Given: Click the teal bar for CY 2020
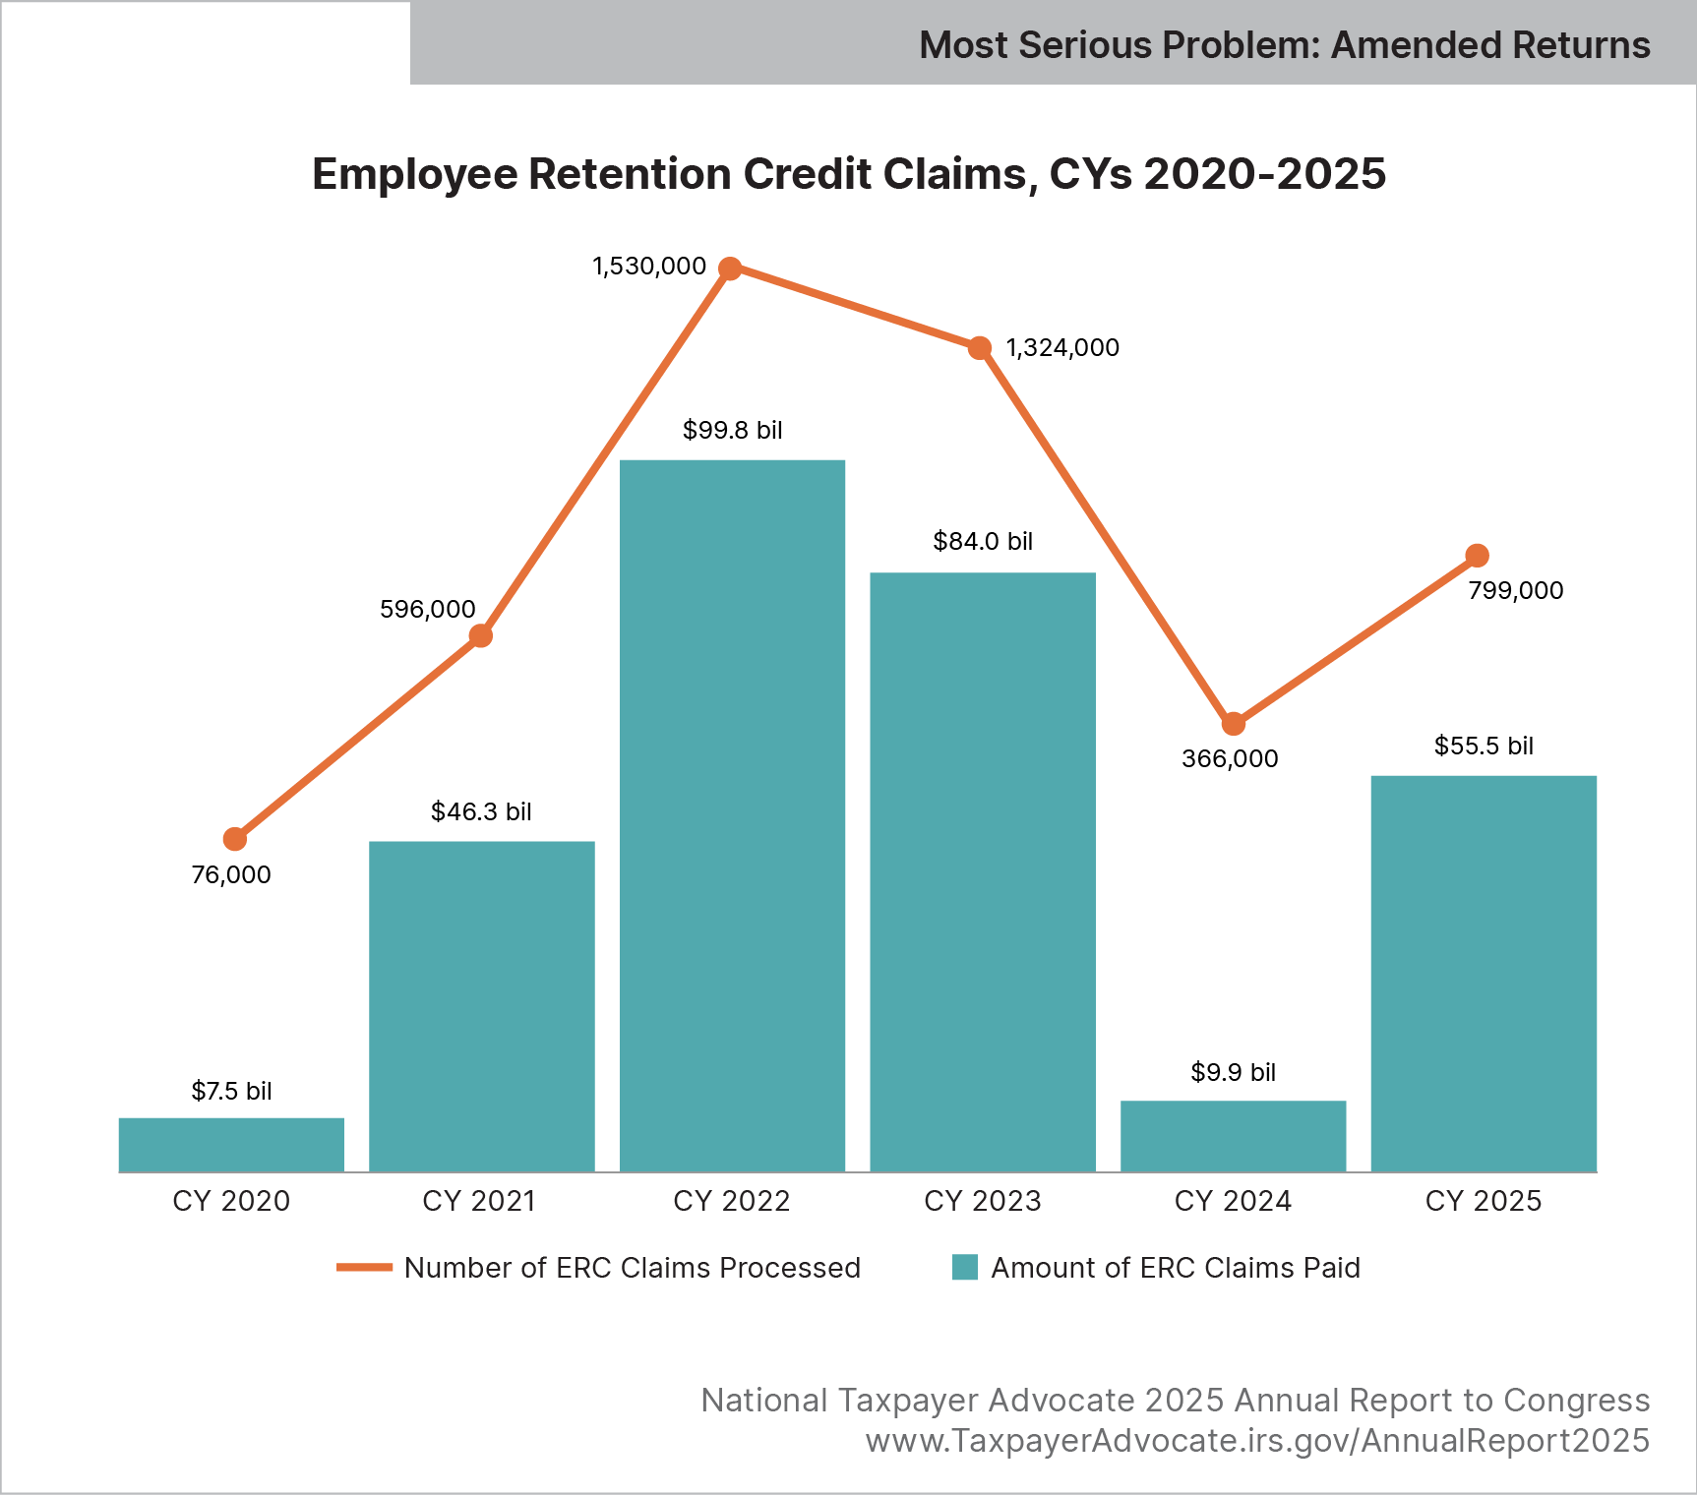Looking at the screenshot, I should tap(231, 1145).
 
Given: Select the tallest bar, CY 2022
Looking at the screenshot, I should tap(732, 816).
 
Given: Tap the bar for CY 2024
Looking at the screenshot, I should tap(1233, 1136).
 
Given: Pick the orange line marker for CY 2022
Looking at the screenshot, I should tap(730, 269).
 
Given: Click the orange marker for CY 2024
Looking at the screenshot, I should tap(1234, 724).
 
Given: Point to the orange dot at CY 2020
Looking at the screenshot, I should tap(234, 839).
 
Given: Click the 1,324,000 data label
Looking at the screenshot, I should tap(1062, 348).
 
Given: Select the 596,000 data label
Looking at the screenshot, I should tap(428, 610).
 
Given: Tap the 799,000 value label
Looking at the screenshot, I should tap(1515, 591).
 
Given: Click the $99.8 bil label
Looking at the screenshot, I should tap(733, 431).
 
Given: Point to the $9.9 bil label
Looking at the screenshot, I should tap(1233, 1072).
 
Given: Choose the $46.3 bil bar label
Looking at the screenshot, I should tap(481, 812).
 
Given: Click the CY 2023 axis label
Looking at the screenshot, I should tap(982, 1201).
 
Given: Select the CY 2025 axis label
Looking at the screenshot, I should tap(1484, 1201).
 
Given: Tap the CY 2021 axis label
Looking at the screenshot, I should tap(479, 1201).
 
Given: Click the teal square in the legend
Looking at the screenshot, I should tap(965, 1268).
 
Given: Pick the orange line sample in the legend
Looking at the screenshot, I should tap(364, 1268).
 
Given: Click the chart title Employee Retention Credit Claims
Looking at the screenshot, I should tap(848, 174).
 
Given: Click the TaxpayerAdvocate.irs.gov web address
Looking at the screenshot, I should tap(1257, 1441).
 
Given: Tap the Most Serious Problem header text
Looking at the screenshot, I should tap(1284, 45).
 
